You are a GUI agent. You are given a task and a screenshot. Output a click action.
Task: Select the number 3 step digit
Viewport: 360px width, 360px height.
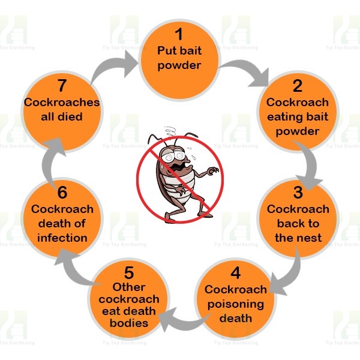(x=298, y=193)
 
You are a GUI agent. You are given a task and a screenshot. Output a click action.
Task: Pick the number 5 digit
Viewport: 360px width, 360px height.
(x=128, y=271)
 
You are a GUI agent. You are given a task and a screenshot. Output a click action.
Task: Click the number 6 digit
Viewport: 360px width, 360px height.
(x=62, y=193)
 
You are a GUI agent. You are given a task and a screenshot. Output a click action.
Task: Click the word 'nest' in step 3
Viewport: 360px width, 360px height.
(x=310, y=237)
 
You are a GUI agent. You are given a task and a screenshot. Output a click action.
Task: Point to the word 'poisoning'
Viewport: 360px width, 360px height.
(x=235, y=304)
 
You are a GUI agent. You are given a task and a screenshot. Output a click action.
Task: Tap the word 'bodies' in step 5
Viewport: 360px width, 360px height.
(x=128, y=323)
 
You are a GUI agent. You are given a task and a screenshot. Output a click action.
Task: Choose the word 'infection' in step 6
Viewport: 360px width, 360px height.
(x=62, y=237)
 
